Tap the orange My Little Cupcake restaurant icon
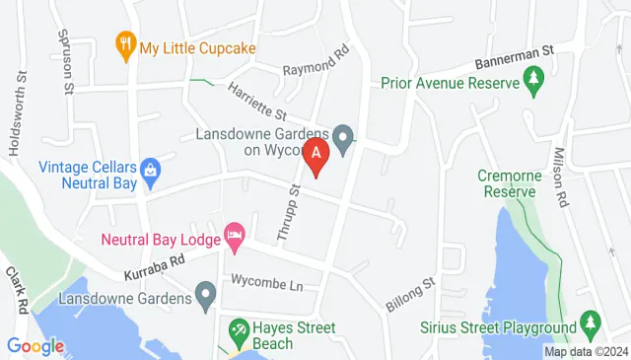tap(125, 43)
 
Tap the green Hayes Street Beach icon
tap(239, 328)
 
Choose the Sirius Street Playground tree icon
tap(590, 322)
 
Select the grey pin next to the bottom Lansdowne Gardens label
tap(205, 293)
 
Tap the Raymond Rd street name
tap(316, 64)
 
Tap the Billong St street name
tap(410, 294)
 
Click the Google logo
tap(35, 346)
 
